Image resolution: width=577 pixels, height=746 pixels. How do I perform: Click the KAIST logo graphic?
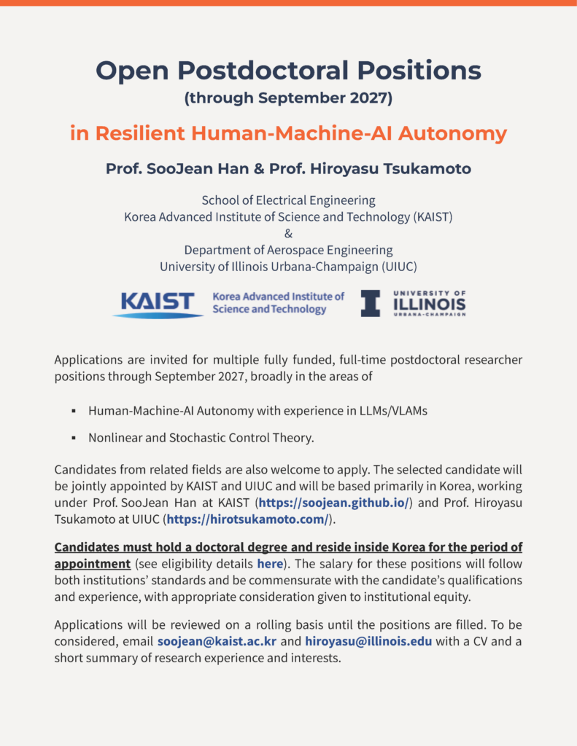point(158,304)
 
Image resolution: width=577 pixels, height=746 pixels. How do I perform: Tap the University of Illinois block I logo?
point(371,303)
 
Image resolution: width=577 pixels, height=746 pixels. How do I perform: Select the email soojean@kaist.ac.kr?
point(217,641)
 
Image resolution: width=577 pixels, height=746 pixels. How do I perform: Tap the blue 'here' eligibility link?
point(269,564)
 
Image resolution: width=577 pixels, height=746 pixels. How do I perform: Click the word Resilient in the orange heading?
point(141,134)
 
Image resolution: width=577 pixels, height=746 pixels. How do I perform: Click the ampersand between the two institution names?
point(288,233)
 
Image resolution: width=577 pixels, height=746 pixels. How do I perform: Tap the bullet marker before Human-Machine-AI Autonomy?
point(74,412)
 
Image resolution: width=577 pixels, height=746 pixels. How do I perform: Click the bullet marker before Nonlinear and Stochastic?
point(74,439)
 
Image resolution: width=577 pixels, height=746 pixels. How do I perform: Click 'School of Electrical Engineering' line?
point(288,200)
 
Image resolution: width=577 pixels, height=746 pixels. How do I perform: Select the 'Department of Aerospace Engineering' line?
point(288,250)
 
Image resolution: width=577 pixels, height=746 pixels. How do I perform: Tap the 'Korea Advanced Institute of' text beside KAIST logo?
point(278,297)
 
